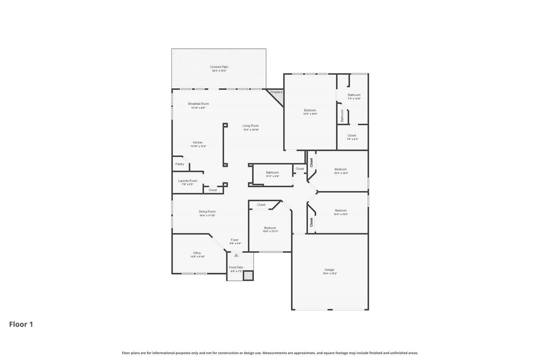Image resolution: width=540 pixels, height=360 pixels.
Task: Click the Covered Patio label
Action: (219, 67)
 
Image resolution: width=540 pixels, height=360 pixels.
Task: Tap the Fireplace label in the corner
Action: (276, 92)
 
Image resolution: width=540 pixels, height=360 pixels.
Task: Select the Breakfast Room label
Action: (198, 104)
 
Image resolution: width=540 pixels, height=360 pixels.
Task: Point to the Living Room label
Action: (251, 126)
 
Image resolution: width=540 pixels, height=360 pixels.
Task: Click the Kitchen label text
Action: (198, 143)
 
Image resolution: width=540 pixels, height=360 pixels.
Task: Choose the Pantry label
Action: (180, 164)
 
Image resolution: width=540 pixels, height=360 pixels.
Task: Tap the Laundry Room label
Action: (188, 181)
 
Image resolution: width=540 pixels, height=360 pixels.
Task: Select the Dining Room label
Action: (207, 211)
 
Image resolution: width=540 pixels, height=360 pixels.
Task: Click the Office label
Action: (197, 253)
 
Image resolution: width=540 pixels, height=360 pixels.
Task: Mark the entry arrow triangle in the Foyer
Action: (236, 255)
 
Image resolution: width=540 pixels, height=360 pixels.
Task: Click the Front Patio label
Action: (236, 267)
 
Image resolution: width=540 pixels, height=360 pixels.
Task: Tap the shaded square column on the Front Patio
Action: (248, 276)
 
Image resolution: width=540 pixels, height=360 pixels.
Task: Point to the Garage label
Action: (329, 270)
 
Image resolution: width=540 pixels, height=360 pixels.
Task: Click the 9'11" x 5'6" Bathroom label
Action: (272, 173)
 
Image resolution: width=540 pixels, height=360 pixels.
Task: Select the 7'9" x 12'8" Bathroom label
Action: (354, 95)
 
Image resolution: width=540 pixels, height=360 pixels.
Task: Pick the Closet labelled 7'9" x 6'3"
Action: (352, 135)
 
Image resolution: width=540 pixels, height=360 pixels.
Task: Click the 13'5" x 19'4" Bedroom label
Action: (310, 110)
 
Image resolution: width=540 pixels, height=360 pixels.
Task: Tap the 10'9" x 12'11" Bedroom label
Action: (270, 228)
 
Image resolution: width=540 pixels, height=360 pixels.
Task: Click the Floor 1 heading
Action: (21, 324)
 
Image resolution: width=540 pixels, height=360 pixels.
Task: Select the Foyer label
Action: (234, 240)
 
